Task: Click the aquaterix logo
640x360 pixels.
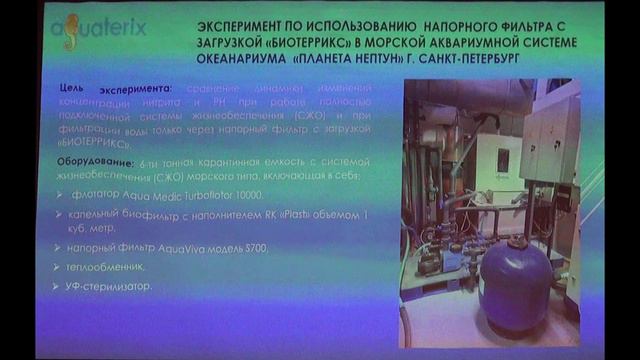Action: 98,27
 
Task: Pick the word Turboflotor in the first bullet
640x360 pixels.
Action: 195,195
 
